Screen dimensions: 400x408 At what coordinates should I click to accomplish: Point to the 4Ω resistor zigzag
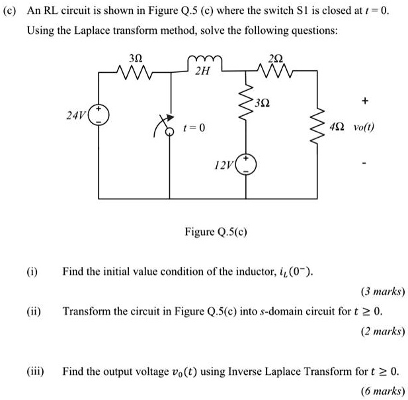[323, 124]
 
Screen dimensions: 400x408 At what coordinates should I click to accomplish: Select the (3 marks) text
[383, 291]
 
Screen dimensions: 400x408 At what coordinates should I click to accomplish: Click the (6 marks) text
[383, 391]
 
